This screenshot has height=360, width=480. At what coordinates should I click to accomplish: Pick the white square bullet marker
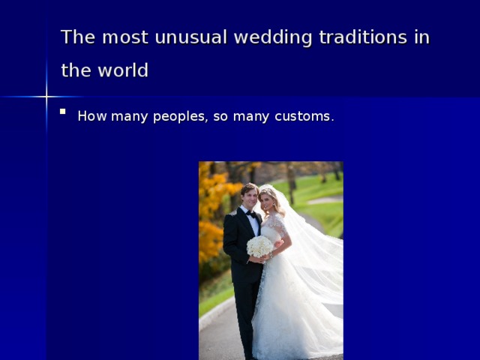(63, 112)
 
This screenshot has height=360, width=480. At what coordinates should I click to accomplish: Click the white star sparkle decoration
(46, 97)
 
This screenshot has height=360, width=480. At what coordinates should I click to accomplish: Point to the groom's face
(250, 197)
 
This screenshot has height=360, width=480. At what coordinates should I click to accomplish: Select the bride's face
(267, 201)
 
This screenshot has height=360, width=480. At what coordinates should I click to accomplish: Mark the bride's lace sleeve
(277, 224)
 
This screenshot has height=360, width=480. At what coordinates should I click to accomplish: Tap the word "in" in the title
(421, 37)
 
